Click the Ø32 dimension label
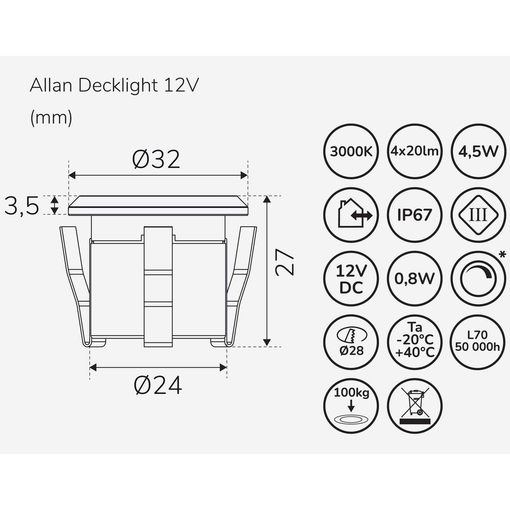tap(156, 159)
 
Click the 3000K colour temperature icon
tap(351, 151)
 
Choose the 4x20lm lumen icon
tap(414, 151)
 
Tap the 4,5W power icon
tap(478, 151)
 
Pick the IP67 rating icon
tap(414, 215)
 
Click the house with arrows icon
tap(351, 215)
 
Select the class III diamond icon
tap(478, 215)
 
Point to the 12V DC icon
tap(351, 279)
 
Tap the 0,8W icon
tap(414, 279)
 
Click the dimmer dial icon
tap(478, 279)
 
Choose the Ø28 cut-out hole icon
tap(351, 342)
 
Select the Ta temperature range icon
tap(414, 342)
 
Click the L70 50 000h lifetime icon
tap(478, 342)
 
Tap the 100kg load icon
tap(351, 406)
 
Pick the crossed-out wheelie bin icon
tap(414, 406)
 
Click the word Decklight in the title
tap(118, 86)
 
